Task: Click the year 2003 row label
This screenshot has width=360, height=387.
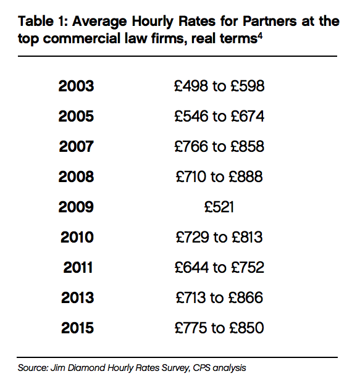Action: coord(76,86)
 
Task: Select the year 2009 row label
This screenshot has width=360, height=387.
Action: coord(76,207)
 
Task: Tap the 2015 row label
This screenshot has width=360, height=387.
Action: coord(78,328)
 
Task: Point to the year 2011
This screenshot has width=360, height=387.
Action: coord(78,267)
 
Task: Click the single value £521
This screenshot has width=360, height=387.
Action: coord(219,207)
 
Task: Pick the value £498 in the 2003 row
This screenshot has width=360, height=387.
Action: coord(191,86)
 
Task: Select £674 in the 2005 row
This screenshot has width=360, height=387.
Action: coord(248,116)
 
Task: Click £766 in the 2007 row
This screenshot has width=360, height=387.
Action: coord(191,146)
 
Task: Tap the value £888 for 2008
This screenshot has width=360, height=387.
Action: coord(246,177)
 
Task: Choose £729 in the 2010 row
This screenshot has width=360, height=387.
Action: coord(193,237)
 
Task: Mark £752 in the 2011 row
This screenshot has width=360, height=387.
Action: coord(248,267)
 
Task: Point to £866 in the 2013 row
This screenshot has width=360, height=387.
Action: coord(246,298)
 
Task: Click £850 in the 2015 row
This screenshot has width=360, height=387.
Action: coord(246,328)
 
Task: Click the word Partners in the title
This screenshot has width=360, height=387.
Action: coord(269,21)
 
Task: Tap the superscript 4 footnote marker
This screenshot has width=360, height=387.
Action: coord(260,36)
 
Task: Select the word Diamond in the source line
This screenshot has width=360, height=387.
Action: coord(86,368)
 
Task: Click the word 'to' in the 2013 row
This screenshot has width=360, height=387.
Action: coord(217,298)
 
